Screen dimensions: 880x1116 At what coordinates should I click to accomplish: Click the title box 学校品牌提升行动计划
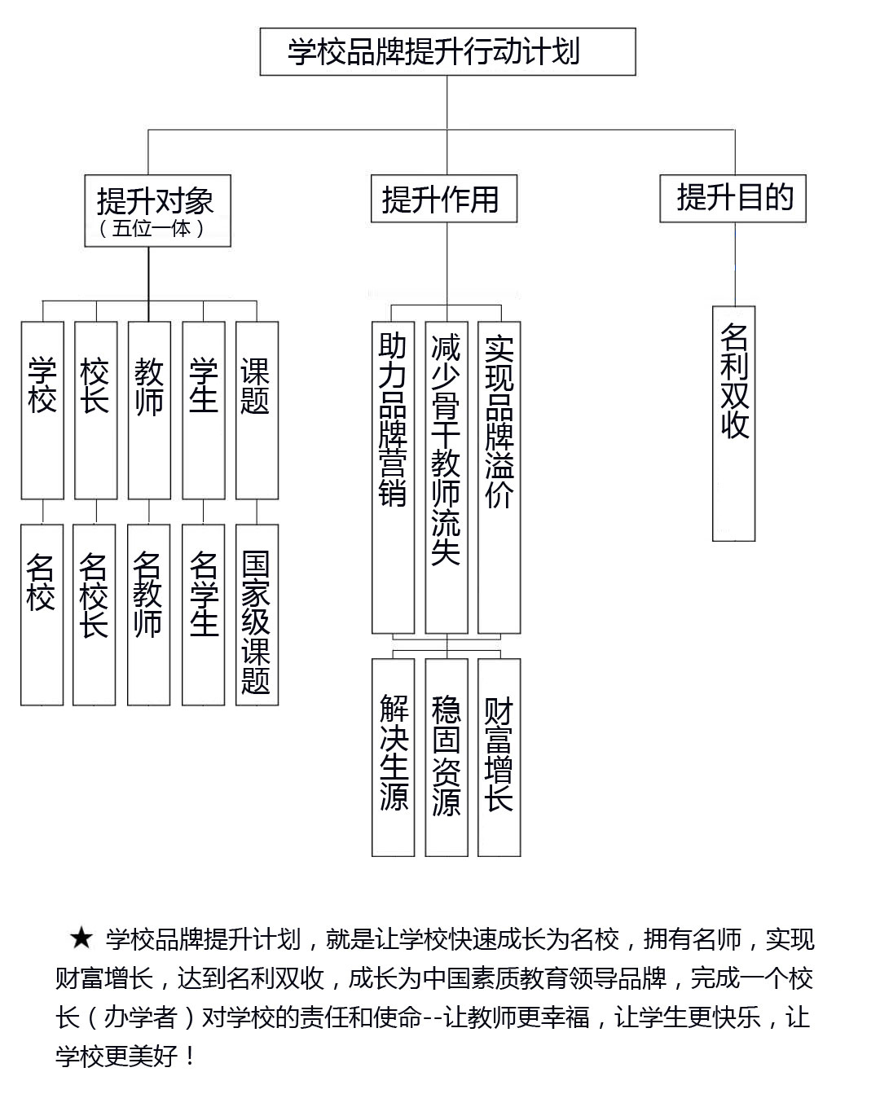(x=447, y=52)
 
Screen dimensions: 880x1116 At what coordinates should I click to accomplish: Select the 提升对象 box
(x=158, y=210)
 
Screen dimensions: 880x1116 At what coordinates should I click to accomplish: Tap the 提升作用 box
(x=443, y=199)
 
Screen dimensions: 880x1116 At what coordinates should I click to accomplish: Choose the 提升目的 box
(x=733, y=199)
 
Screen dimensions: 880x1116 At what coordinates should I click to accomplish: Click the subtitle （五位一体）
(x=152, y=228)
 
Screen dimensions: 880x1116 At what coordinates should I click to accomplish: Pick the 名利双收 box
(x=733, y=424)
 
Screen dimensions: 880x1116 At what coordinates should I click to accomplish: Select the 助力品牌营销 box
(x=394, y=477)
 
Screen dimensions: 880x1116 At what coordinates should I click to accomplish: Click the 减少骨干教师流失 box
(x=447, y=477)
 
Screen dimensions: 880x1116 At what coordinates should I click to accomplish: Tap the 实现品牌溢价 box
(x=499, y=477)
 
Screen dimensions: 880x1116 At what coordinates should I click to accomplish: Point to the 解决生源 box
(x=394, y=758)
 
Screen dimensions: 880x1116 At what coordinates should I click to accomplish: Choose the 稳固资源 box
(x=447, y=758)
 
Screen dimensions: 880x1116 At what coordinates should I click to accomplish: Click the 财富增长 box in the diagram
(x=499, y=758)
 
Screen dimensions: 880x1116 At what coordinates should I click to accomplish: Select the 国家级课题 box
(x=257, y=615)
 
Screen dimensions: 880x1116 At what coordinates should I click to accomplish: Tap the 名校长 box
(x=94, y=615)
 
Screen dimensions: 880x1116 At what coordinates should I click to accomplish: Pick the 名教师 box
(x=149, y=615)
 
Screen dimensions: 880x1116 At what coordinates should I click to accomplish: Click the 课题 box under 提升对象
(x=257, y=411)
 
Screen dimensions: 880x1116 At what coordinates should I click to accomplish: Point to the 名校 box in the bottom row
(x=42, y=615)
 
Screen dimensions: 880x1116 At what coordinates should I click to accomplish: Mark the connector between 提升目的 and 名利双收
(x=735, y=265)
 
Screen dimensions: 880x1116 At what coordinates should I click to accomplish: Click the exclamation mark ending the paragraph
(x=190, y=1056)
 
